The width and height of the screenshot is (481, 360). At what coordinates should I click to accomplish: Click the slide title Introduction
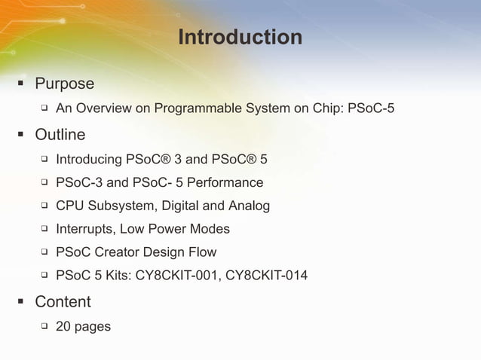(240, 37)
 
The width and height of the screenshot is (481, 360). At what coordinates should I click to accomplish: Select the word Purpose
(65, 84)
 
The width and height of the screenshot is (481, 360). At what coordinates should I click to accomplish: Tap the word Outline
(60, 135)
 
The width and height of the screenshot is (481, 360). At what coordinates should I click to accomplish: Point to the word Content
(63, 302)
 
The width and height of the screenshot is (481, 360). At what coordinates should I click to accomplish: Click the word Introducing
(89, 160)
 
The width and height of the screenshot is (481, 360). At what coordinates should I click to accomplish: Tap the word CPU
(69, 206)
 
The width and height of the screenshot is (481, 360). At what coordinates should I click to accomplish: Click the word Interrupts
(85, 229)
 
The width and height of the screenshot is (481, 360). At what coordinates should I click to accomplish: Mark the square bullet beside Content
(21, 302)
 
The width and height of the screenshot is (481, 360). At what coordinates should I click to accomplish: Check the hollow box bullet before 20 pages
(44, 326)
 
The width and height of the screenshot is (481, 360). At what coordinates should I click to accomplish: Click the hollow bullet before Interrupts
(44, 228)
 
